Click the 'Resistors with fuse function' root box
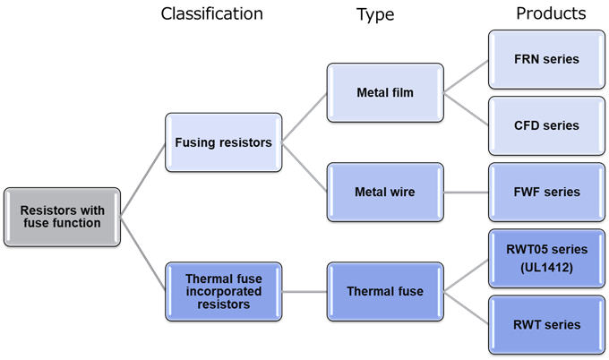coord(62,217)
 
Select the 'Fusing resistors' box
coord(224,142)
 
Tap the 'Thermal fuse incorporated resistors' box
coord(224,291)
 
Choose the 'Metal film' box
coord(385,92)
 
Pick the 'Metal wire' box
coord(385,192)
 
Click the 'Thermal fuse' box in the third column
coord(385,291)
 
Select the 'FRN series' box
coord(546,59)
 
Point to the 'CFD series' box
coord(546,125)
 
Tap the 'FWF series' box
coord(546,192)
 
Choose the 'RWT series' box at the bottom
coord(546,324)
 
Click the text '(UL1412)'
coord(546,268)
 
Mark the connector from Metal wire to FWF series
coord(466,192)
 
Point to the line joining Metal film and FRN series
coord(466,76)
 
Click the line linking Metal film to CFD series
coord(466,108)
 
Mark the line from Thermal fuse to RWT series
coord(466,307)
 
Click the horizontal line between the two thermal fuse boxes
coord(304,291)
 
